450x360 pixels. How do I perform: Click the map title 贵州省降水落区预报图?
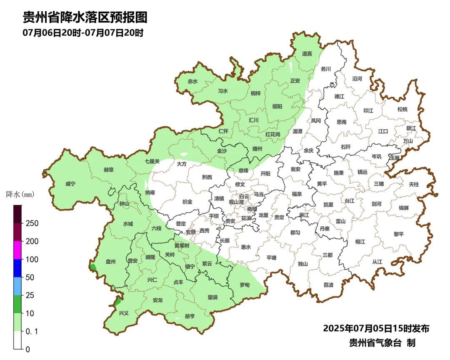coord(85,17)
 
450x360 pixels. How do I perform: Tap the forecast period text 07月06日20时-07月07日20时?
coord(83,32)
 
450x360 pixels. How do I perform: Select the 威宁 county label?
coord(71,184)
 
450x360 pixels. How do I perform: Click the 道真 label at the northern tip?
coord(307,54)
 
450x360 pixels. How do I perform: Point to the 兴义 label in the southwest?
coord(124,313)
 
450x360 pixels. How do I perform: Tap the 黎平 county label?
coord(399,234)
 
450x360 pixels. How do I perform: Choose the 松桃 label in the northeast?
coord(402,109)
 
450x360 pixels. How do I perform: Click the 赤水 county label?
coord(192,81)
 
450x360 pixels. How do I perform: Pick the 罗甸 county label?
coord(245,285)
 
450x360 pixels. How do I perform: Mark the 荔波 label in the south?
coord(328,285)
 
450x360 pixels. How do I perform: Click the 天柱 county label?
coord(414,184)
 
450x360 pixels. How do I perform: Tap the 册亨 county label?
coord(190,316)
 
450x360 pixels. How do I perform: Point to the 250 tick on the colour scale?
coord(32,223)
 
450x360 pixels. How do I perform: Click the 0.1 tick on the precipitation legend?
coord(31,331)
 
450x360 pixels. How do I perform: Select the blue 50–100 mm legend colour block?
coord(17,268)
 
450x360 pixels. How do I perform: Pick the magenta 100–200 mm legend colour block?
coord(17,250)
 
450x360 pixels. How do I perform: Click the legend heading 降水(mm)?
coord(20,194)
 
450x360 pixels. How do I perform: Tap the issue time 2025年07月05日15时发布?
coord(376,328)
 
